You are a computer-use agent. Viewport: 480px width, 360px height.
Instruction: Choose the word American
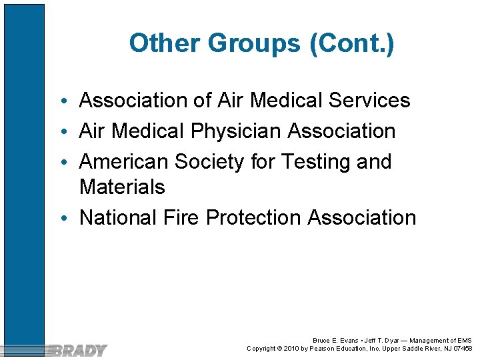click(124, 162)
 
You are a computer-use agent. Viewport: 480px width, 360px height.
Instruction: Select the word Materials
click(122, 187)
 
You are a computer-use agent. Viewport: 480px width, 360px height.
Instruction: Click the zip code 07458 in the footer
click(461, 349)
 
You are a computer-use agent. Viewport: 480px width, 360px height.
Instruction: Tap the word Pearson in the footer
click(324, 349)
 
